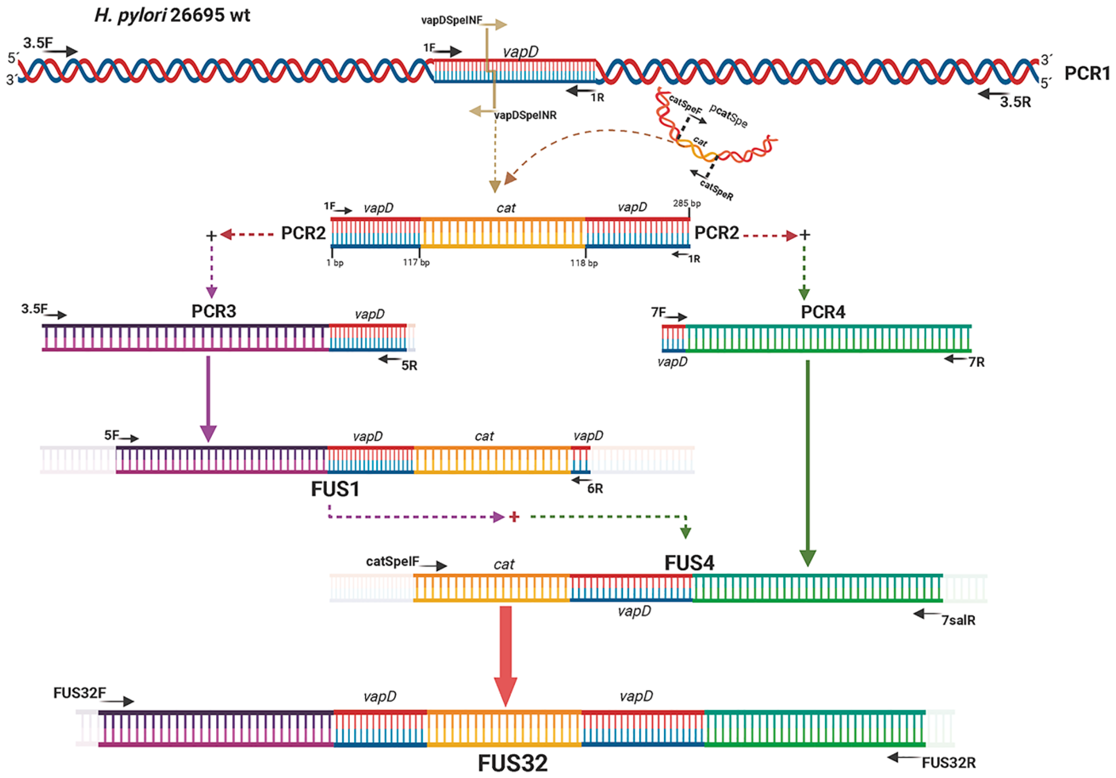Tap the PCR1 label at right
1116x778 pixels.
[x=1087, y=73]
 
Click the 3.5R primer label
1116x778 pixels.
[x=1015, y=102]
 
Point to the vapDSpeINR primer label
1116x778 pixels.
[x=525, y=116]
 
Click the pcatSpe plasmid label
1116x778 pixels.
[x=728, y=115]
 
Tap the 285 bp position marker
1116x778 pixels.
[x=686, y=203]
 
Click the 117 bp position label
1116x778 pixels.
[x=416, y=263]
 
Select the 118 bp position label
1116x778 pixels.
[x=584, y=263]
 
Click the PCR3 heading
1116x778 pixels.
[x=214, y=311]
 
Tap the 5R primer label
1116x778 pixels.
[x=409, y=366]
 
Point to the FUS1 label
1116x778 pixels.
[x=335, y=489]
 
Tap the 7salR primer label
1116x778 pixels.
[x=958, y=621]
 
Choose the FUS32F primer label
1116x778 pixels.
[x=79, y=693]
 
